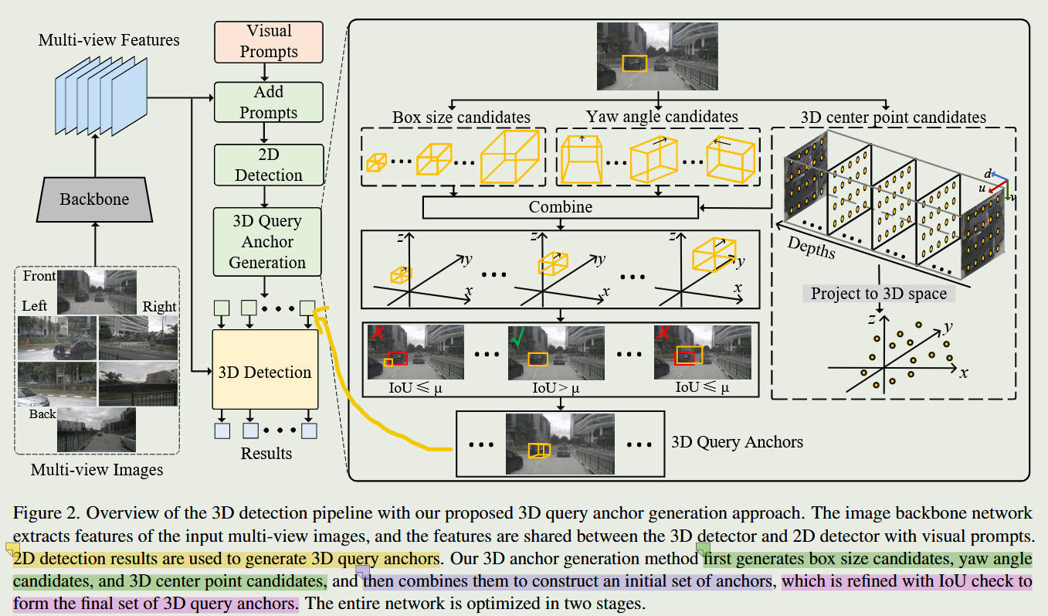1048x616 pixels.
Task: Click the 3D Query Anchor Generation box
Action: click(266, 241)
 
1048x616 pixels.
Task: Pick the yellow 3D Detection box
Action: click(265, 373)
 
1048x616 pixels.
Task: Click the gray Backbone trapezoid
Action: click(94, 199)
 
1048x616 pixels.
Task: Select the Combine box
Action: click(561, 207)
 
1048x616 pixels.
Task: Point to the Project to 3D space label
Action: click(879, 294)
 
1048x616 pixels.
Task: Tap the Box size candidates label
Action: click(461, 117)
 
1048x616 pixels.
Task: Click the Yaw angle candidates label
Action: click(662, 117)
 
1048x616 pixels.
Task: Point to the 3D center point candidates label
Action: click(893, 117)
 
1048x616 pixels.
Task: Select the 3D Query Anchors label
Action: click(737, 442)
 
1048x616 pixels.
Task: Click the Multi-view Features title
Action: click(108, 39)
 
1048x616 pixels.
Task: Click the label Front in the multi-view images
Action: click(39, 276)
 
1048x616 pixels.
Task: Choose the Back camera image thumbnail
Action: click(97, 430)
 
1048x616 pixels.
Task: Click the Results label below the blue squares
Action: click(266, 453)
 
